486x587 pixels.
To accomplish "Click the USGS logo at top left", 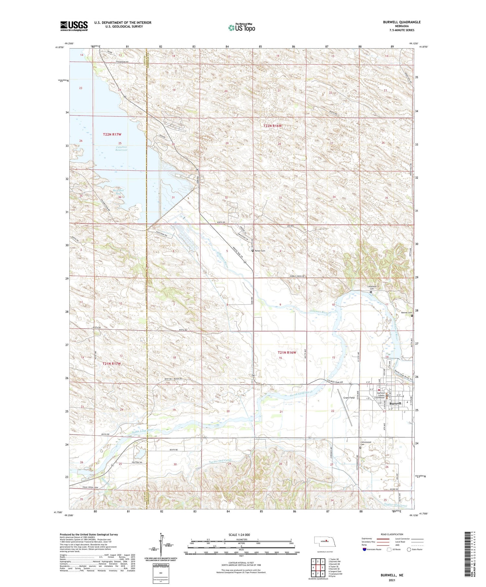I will pyautogui.click(x=74, y=26).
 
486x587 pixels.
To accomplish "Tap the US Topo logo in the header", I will pyautogui.click(x=241, y=28).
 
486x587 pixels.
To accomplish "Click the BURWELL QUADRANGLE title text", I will pyautogui.click(x=402, y=22).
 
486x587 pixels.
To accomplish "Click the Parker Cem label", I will pyautogui.click(x=260, y=251).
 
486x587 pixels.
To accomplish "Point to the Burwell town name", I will pyautogui.click(x=395, y=404).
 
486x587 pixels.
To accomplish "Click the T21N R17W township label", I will pyautogui.click(x=111, y=364).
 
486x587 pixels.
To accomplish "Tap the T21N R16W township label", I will pyautogui.click(x=286, y=352).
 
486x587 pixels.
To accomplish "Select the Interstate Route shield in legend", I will pyautogui.click(x=364, y=549).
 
